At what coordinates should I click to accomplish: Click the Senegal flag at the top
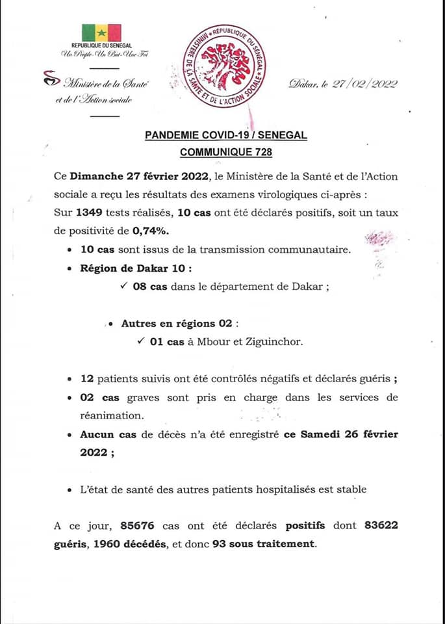[101, 33]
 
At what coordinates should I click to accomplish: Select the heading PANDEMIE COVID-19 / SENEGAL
[225, 135]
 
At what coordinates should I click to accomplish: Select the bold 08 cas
[150, 287]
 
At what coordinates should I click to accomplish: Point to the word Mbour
[216, 341]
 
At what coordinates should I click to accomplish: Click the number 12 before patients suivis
[88, 378]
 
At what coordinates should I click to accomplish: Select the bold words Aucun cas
[108, 434]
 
